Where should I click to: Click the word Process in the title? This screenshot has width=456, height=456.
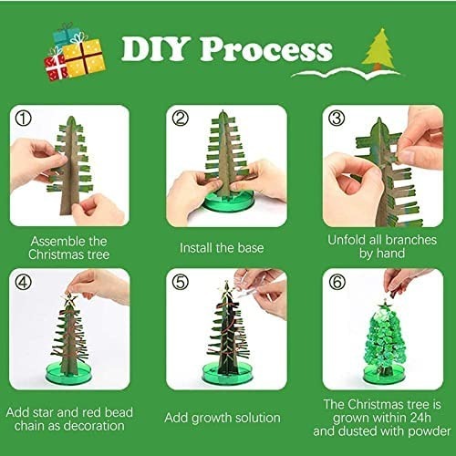pyautogui.click(x=266, y=49)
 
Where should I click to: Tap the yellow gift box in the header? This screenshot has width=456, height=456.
pyautogui.click(x=85, y=58)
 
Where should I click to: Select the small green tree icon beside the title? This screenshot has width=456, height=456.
pyautogui.click(x=378, y=48)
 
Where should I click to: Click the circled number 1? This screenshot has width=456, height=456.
pyautogui.click(x=23, y=119)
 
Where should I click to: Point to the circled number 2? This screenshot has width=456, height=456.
pyautogui.click(x=181, y=119)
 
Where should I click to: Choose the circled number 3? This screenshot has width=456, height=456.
pyautogui.click(x=337, y=119)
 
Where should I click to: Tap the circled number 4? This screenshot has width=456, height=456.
pyautogui.click(x=23, y=282)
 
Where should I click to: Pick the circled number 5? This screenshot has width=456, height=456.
pyautogui.click(x=181, y=282)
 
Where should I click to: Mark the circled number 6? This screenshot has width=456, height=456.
pyautogui.click(x=337, y=282)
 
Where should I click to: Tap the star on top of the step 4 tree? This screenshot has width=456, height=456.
pyautogui.click(x=69, y=299)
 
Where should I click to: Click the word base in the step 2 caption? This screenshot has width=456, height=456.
pyautogui.click(x=251, y=248)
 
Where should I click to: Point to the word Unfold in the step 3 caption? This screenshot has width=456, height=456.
pyautogui.click(x=347, y=240)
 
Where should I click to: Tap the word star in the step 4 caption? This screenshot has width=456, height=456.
pyautogui.click(x=42, y=412)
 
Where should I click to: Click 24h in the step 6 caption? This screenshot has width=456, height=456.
pyautogui.click(x=420, y=418)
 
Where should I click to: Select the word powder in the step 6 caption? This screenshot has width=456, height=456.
pyautogui.click(x=430, y=431)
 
